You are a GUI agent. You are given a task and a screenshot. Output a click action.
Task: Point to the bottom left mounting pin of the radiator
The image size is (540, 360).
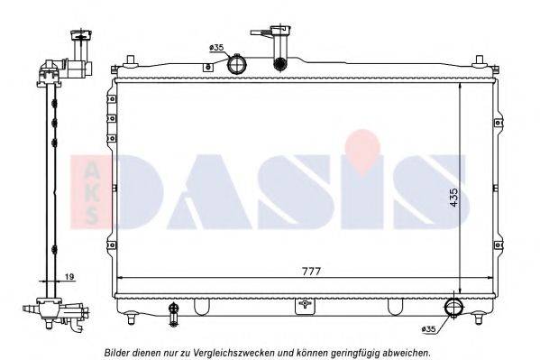click(133, 318)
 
